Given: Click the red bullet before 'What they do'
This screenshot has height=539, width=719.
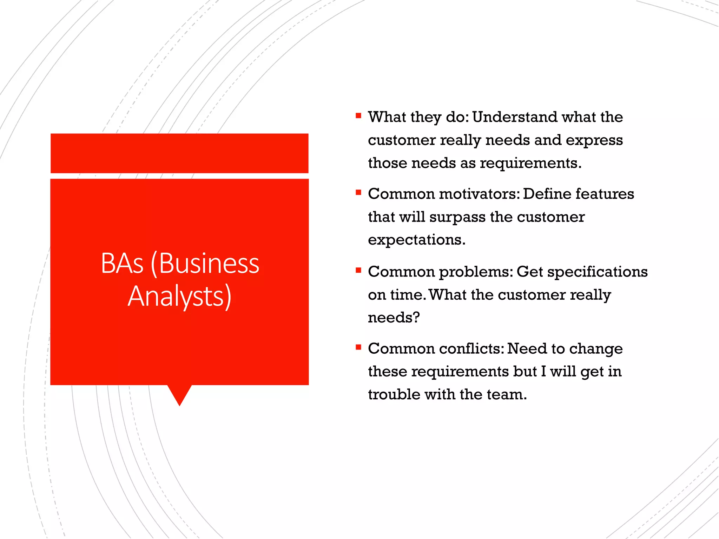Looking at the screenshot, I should point(358,115).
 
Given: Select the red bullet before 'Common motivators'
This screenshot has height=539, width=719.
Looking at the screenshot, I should point(358,192).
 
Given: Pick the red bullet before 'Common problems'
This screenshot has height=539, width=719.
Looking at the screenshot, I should point(358,270).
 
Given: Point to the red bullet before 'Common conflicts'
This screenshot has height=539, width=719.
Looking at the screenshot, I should point(358,347).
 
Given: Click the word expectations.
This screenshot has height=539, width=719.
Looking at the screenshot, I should point(416,240).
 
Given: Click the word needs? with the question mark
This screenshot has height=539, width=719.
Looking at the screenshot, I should point(394,318).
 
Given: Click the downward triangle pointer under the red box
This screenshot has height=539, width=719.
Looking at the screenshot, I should point(179,393).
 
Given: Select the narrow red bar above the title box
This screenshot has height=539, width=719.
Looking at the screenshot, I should point(179,153).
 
